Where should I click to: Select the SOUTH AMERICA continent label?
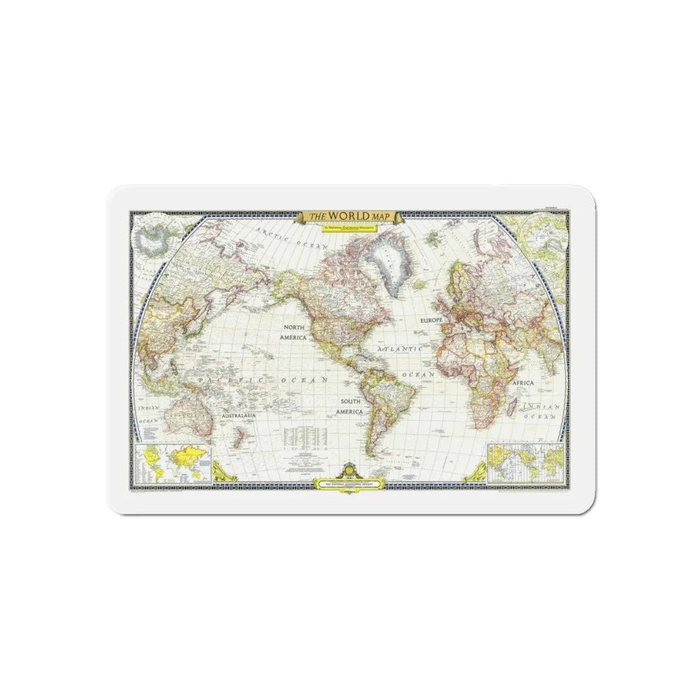tap(351, 407)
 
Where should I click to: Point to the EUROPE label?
tap(430, 322)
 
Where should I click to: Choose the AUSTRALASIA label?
tap(239, 416)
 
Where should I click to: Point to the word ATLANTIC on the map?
tap(400, 349)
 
